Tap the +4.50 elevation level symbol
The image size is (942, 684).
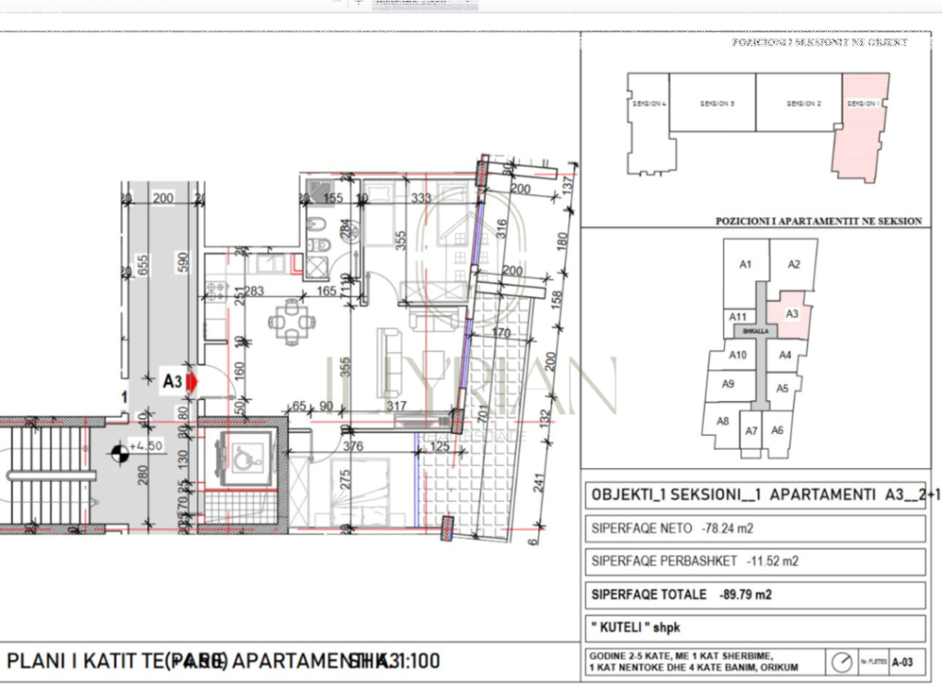[x=119, y=450]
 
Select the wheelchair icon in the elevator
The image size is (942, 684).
[x=243, y=458]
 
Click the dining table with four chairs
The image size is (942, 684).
[x=292, y=321]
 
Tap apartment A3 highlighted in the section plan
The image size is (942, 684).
[x=791, y=313]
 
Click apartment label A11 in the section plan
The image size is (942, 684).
[x=737, y=317]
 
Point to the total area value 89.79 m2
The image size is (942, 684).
[x=745, y=595]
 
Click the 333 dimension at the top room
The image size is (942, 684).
[x=421, y=198]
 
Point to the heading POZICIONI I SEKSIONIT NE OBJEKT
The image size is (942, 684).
[x=820, y=42]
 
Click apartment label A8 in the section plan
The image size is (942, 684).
[x=722, y=421]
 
